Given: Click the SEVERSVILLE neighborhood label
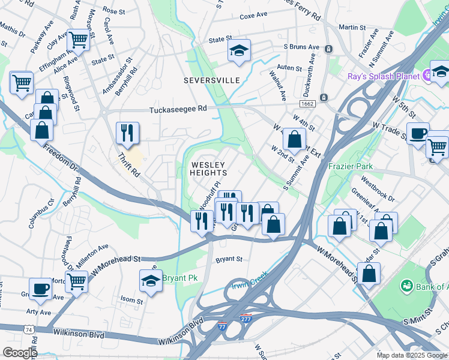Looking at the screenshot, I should (x=212, y=80).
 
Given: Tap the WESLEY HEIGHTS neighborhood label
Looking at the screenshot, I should (x=208, y=169).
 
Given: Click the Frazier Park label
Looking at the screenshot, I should (x=350, y=166).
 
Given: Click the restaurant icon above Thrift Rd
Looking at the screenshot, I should (x=127, y=133).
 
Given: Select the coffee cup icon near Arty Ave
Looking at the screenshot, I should (x=41, y=289).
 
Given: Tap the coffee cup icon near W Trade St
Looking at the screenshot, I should (x=418, y=133).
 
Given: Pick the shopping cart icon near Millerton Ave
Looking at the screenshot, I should (x=77, y=281).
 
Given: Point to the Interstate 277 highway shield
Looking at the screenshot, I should (x=246, y=317).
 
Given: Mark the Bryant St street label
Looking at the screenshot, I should (x=229, y=260).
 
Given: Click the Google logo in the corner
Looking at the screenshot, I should (x=20, y=353).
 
